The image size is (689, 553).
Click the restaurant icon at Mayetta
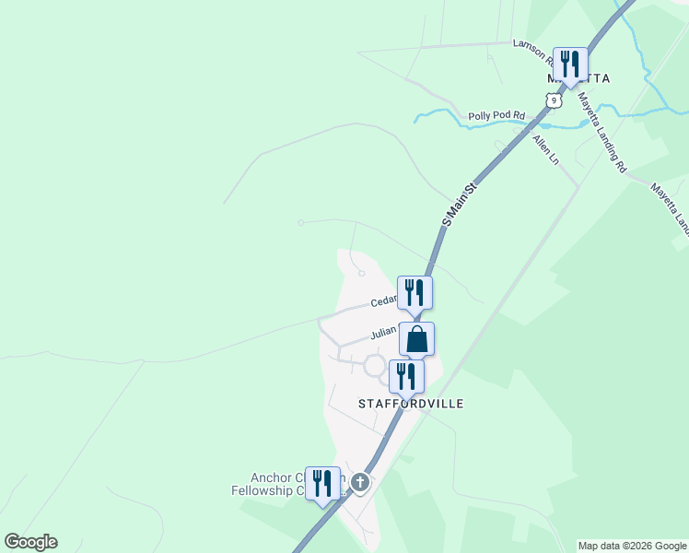pos(569,64)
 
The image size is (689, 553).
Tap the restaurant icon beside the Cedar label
pos(415,292)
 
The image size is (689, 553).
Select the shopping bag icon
pos(416,338)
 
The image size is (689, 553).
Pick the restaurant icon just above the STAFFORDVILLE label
pos(405,376)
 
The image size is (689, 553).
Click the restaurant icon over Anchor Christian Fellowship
pos(322,484)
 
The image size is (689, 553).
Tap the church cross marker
pos(360,482)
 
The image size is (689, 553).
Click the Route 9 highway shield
pos(552,99)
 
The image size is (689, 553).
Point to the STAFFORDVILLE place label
pos(411,404)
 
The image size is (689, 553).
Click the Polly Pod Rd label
pos(496,116)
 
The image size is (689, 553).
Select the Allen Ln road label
pos(546,148)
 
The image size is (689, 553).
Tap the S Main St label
pos(462,204)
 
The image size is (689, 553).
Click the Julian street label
pos(383,333)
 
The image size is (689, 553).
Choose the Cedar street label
pos(383,300)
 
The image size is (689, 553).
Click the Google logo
pos(30,542)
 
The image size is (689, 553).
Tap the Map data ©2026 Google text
pos(632,546)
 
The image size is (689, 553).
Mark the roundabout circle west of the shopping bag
pos(374,366)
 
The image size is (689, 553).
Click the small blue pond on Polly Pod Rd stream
pos(545,124)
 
